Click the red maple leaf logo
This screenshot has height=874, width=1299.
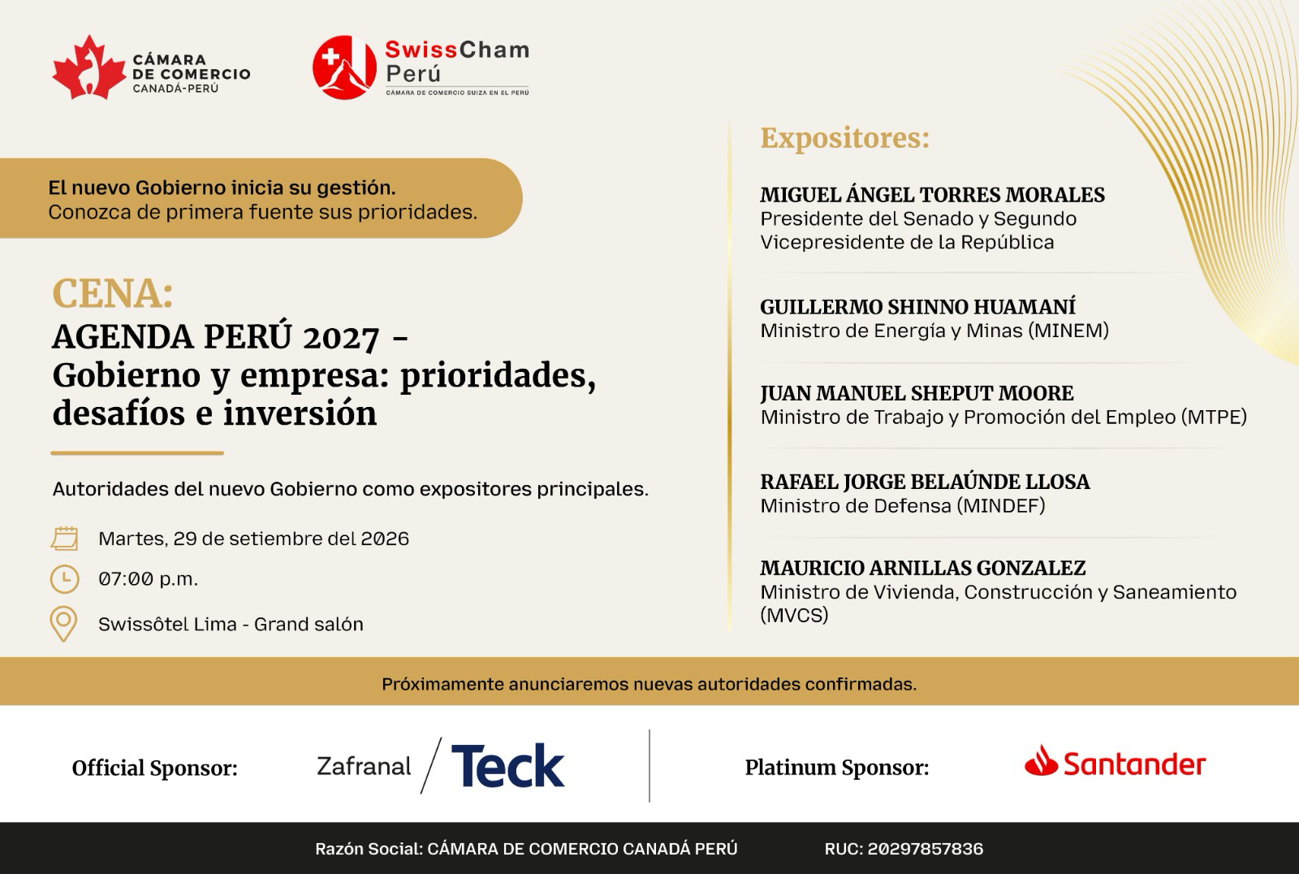88,67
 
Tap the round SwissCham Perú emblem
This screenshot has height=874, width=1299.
344,67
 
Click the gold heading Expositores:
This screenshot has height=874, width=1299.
845,138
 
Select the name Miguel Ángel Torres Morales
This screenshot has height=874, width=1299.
933,195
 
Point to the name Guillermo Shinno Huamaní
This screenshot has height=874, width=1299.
918,307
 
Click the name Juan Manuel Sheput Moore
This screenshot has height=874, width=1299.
917,393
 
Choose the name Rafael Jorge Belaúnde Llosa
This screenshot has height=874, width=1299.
925,482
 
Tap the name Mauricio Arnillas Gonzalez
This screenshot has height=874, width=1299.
922,568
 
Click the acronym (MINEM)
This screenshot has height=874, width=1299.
1068,331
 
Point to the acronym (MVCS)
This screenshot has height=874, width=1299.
795,615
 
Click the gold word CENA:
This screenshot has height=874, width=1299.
113,293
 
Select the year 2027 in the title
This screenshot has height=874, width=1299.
341,338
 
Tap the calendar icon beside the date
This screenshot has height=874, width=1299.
64,538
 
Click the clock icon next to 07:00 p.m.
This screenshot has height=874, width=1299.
64,579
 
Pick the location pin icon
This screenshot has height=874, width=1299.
64,624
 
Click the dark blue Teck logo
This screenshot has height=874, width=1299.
507,765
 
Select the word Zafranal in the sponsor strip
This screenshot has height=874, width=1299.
364,767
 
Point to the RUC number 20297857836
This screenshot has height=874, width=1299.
926,849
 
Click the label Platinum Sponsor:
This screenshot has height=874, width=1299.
837,768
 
